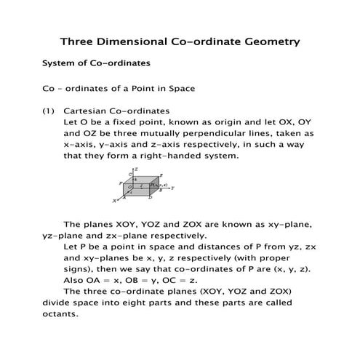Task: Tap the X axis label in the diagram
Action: pyautogui.click(x=113, y=200)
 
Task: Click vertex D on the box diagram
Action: pyautogui.click(x=151, y=197)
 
